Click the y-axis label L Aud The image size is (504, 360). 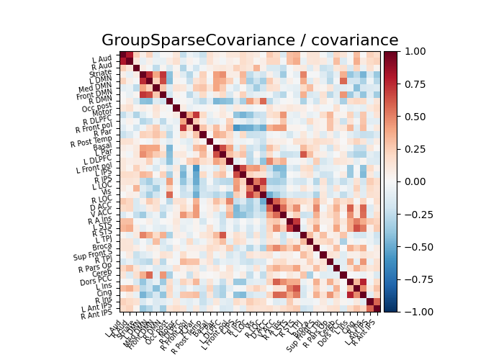[102, 59]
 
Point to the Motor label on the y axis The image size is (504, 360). [102, 113]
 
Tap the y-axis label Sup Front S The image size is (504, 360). [91, 253]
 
